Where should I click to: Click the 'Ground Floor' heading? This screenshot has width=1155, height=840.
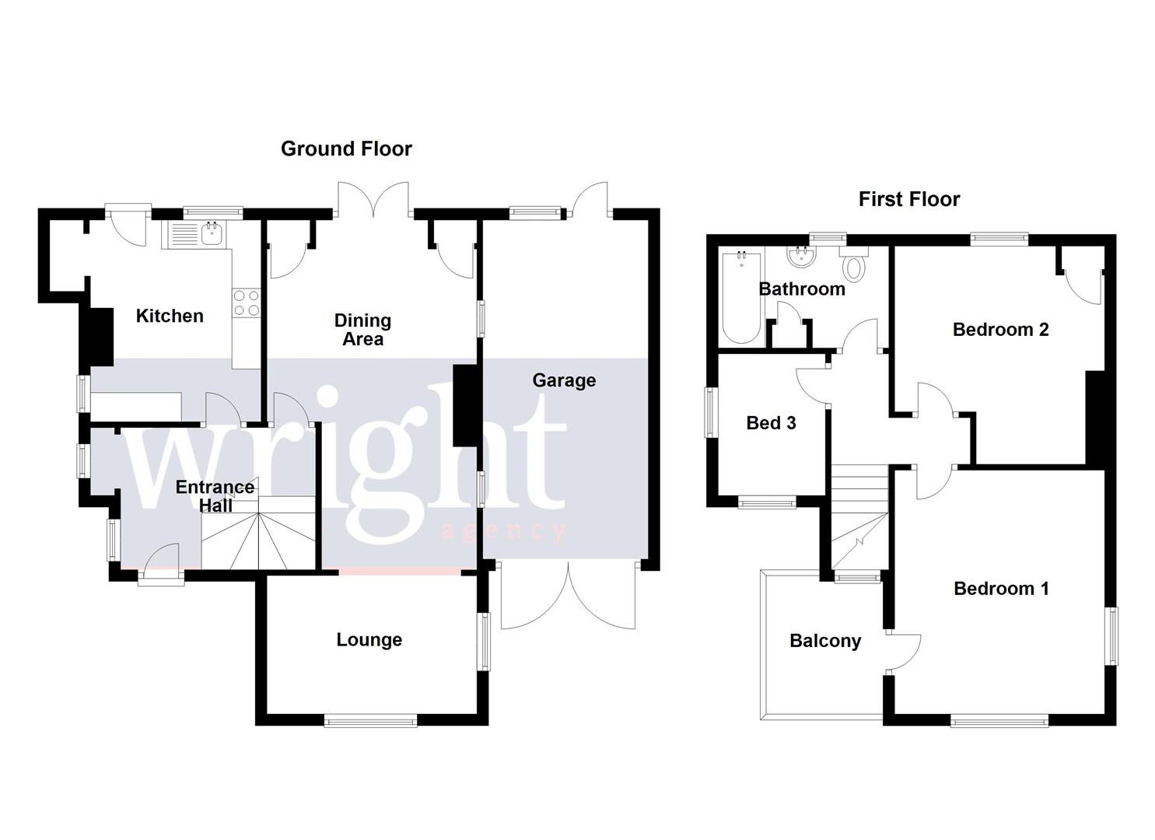346,149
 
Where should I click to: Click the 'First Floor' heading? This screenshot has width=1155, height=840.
908,199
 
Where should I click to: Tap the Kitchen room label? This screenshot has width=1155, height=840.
170,316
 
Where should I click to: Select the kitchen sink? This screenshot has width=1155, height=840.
211,232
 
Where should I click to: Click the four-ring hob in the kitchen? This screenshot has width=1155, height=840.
246,303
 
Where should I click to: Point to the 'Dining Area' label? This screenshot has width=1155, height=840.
362,330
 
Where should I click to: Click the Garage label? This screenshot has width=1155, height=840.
564,380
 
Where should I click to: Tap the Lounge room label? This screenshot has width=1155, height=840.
369,639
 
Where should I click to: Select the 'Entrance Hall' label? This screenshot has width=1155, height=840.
215,496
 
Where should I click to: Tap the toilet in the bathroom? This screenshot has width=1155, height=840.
853,265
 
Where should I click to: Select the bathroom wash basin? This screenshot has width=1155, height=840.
798,256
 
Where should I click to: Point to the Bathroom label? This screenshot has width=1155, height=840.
801,289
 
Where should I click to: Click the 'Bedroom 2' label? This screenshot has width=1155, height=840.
1000,330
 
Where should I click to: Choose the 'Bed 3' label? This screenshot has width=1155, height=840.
771,423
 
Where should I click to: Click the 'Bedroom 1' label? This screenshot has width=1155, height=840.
1001,589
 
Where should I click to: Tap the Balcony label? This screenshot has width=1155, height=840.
825,641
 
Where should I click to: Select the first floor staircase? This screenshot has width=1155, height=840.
859,516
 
